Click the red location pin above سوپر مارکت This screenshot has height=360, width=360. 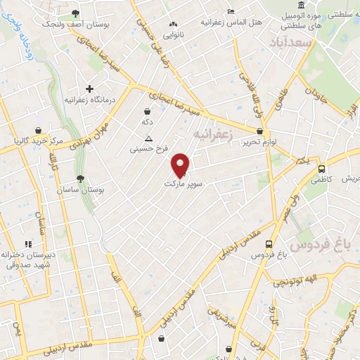pyautogui.click(x=181, y=165)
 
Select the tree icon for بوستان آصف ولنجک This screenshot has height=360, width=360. pyautogui.click(x=75, y=14)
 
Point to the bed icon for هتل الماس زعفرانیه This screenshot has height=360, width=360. pyautogui.click(x=231, y=11)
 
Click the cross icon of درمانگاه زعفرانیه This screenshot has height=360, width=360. pyautogui.click(x=89, y=89)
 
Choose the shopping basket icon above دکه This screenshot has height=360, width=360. pyautogui.click(x=147, y=111)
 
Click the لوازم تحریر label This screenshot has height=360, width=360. pyautogui.click(x=247, y=141)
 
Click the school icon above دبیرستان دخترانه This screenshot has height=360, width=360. pyautogui.click(x=28, y=243)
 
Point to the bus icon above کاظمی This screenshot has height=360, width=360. pyautogui.click(x=321, y=169)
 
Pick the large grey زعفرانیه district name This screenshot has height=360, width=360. pyautogui.click(x=213, y=134)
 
